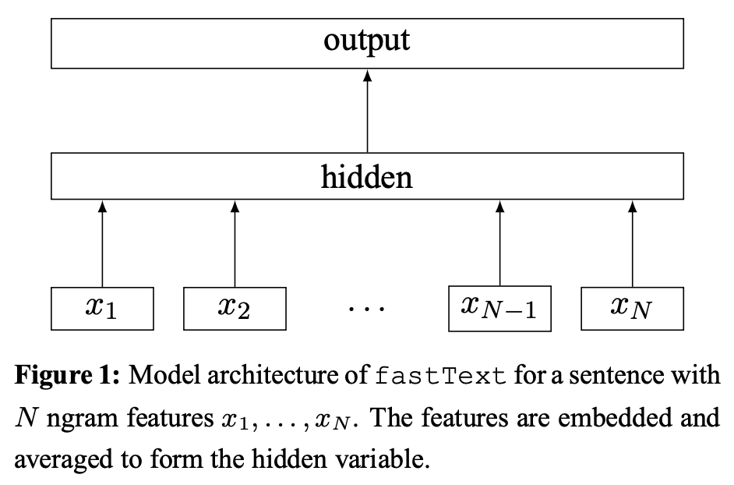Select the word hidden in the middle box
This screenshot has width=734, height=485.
point(366,178)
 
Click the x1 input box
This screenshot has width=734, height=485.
point(102,308)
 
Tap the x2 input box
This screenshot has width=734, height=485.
point(235,308)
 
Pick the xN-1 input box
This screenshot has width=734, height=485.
point(499,308)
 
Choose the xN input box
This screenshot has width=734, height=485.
point(632,308)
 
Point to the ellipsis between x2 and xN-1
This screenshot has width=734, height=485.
point(367,310)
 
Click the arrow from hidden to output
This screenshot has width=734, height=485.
point(367,109)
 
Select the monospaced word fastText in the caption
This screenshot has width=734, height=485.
point(441,376)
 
